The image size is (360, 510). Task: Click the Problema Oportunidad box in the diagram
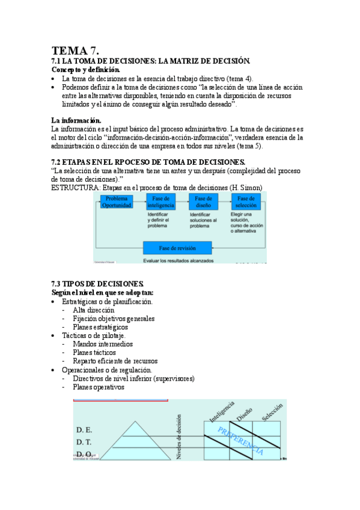[117, 201]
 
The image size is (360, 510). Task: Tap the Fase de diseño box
[202, 201]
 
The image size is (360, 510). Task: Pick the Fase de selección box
[246, 201]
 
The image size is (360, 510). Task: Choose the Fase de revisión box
[177, 248]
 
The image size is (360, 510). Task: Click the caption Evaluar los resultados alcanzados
[178, 260]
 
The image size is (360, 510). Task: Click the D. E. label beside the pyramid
[85, 430]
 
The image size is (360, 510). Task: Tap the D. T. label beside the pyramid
[85, 442]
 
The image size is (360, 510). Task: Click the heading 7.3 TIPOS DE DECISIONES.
[97, 283]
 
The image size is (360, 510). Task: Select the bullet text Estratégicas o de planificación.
[107, 301]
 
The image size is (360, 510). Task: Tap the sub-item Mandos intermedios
[103, 344]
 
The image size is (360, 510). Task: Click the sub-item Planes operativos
[99, 387]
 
